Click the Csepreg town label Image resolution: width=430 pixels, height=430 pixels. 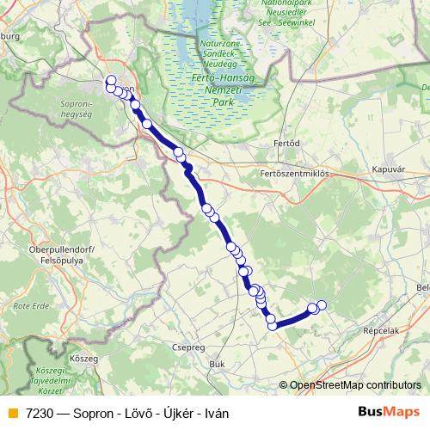point(189,348)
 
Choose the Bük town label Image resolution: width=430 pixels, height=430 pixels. point(217,365)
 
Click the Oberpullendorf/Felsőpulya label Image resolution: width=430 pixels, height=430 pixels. point(42,254)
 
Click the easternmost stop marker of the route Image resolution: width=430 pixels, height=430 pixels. point(322,304)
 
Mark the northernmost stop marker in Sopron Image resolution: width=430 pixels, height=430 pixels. point(111,80)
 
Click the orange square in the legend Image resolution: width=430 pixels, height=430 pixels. point(11,413)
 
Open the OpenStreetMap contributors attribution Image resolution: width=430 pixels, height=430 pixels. point(355,385)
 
